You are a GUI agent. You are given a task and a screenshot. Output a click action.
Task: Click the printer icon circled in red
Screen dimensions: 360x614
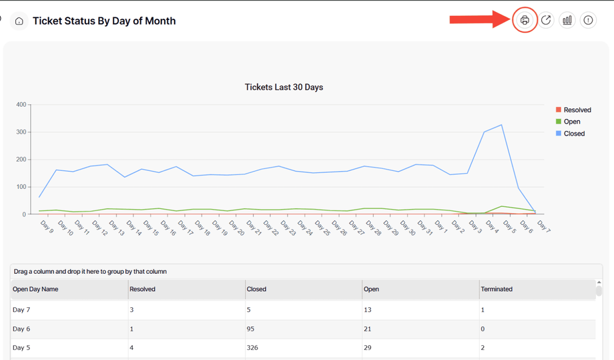coord(525,21)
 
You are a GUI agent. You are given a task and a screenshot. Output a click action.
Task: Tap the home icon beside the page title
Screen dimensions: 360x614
coord(19,21)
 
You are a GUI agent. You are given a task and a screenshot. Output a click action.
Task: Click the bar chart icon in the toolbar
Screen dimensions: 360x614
coord(567,21)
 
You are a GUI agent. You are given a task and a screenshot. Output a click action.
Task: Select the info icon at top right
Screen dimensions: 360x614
coord(588,21)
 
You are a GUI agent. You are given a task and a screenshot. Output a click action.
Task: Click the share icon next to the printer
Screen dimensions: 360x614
coord(546,21)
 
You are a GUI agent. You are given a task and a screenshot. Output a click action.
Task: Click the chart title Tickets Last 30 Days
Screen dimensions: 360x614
coord(284,87)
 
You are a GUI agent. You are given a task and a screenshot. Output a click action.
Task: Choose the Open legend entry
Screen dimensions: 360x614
coord(571,122)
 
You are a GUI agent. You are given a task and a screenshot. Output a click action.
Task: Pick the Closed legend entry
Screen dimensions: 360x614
coord(573,134)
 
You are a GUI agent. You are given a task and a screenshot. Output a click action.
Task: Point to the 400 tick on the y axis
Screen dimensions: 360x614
coord(21,105)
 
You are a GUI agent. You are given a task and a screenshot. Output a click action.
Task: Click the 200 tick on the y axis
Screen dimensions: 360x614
coord(21,160)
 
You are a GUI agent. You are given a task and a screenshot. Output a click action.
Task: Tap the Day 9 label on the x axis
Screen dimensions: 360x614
coord(47,227)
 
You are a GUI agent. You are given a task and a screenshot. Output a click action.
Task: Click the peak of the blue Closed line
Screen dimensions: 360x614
coord(501,125)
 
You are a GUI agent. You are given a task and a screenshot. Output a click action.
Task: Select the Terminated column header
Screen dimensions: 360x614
coord(497,289)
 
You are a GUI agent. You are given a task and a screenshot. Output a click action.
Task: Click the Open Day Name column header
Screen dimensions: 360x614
coord(35,289)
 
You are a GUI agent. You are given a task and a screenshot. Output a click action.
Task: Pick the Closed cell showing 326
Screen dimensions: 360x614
coord(252,347)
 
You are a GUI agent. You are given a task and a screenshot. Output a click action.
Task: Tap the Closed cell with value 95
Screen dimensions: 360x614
coord(251,329)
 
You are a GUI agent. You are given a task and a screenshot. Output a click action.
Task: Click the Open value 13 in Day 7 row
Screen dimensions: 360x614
coord(368,310)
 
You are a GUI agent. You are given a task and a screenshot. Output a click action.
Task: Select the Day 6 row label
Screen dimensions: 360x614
coord(21,329)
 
